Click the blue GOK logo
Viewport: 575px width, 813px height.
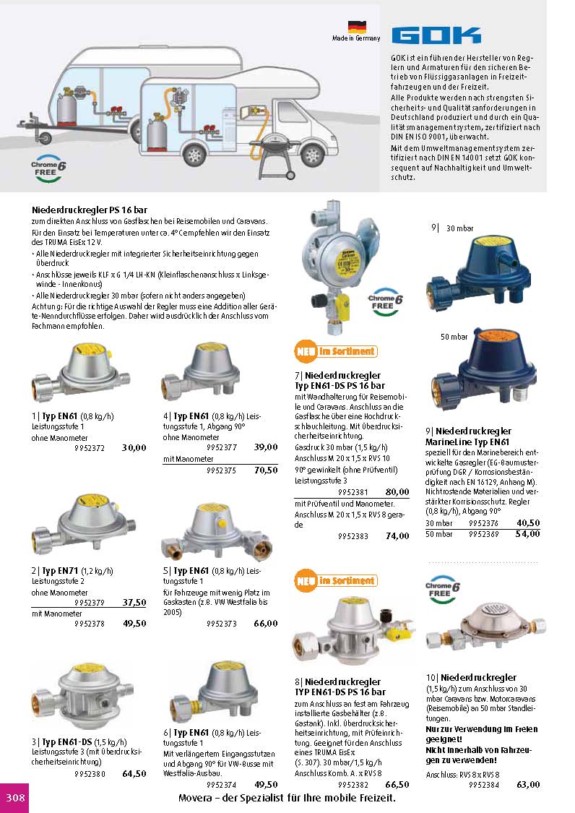(x=436, y=35)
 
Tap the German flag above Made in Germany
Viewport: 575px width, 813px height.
(x=357, y=27)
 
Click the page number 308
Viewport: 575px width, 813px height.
(x=15, y=797)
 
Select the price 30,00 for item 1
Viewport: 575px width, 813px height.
(x=134, y=447)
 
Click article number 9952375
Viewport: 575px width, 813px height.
(x=221, y=470)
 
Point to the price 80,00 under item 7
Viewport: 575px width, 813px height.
(x=397, y=491)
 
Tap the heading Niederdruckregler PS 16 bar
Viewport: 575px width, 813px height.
(x=89, y=210)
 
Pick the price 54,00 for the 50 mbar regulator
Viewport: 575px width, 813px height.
(x=528, y=533)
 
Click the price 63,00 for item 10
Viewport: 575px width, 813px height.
(x=528, y=785)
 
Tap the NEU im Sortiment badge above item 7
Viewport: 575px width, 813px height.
(x=335, y=351)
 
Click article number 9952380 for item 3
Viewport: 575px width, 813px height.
(x=90, y=774)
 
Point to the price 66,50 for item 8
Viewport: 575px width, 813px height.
(x=397, y=785)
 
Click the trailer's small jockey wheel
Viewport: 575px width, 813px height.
(x=46, y=138)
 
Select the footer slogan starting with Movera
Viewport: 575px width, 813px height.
(x=287, y=798)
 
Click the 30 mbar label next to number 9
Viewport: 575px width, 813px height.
(x=460, y=228)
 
